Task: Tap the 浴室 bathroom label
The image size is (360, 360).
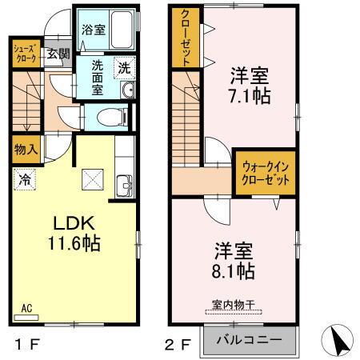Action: [x=94, y=30]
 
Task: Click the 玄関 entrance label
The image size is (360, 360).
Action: [x=57, y=54]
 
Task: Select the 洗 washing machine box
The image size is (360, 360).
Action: [x=125, y=67]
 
